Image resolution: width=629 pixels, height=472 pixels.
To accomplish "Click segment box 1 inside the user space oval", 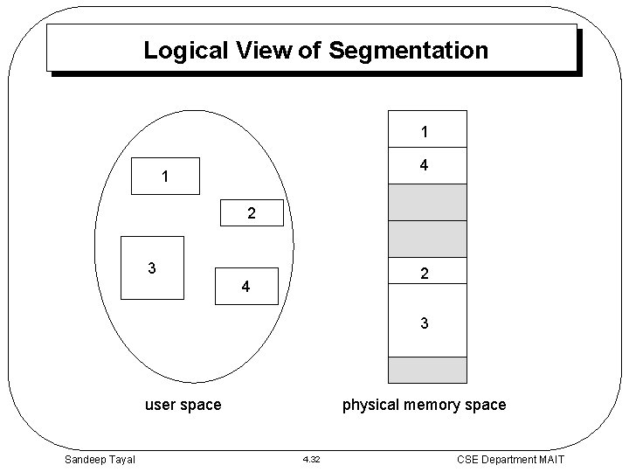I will tap(165, 177).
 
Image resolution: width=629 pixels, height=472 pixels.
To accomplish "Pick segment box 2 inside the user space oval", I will tap(252, 213).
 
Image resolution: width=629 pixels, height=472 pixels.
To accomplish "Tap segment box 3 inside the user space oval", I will tap(152, 267).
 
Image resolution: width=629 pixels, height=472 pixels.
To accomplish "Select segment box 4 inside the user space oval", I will tap(246, 286).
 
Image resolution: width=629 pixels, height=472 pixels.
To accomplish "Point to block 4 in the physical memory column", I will tap(427, 166).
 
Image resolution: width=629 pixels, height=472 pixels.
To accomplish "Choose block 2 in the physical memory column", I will tap(427, 274).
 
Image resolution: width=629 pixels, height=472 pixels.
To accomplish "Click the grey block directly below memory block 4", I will tap(427, 203).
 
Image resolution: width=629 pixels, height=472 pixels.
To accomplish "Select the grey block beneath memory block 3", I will tap(427, 370).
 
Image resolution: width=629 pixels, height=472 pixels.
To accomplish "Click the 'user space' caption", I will tap(183, 405).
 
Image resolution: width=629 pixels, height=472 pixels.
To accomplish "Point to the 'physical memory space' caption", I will tap(424, 405).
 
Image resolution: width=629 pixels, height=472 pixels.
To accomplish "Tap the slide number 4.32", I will tap(312, 460).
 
